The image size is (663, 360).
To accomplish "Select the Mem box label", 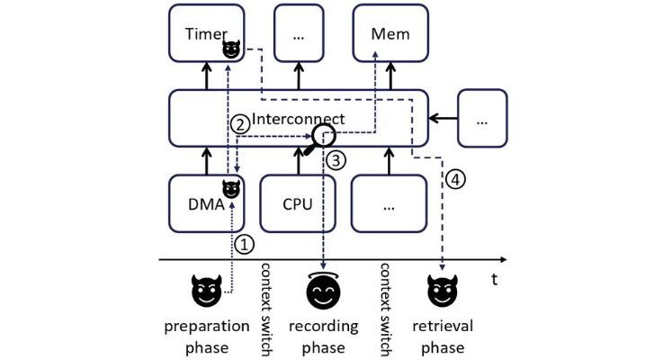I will click(x=390, y=34).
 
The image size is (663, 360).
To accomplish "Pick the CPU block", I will click(x=297, y=203).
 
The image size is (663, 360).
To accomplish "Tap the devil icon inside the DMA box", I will click(x=231, y=190).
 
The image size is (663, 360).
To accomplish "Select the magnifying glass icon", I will click(x=321, y=138).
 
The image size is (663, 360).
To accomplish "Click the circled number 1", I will click(x=245, y=243).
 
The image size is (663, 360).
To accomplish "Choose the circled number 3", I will click(x=336, y=161).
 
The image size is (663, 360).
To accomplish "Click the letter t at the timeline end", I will click(x=495, y=278).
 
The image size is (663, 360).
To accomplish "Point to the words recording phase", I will click(x=324, y=336).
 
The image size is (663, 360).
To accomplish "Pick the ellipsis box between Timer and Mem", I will click(x=297, y=35).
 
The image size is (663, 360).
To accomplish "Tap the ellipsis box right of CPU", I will click(x=389, y=203).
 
